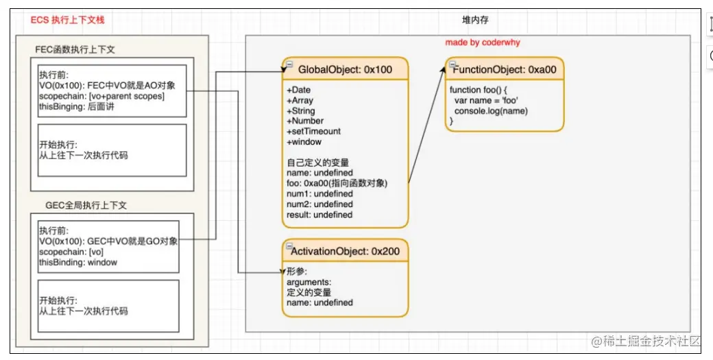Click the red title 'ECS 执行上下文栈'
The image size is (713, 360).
point(68,21)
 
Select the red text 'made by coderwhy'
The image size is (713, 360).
point(483,43)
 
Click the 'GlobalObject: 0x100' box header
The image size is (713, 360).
point(345,69)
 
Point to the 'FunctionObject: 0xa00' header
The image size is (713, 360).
point(504,69)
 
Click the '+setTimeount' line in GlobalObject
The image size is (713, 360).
point(313,131)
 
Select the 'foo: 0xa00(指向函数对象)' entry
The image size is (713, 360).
point(337,183)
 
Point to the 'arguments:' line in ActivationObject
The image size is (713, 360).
point(309,282)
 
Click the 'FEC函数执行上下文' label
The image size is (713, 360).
point(75,50)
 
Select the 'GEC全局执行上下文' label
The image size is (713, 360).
point(86,205)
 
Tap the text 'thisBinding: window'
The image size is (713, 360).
point(78,262)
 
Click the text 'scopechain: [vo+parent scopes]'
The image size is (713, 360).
point(101,96)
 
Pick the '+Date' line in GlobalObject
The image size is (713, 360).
point(298,90)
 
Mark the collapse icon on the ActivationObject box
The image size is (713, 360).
point(289,246)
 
